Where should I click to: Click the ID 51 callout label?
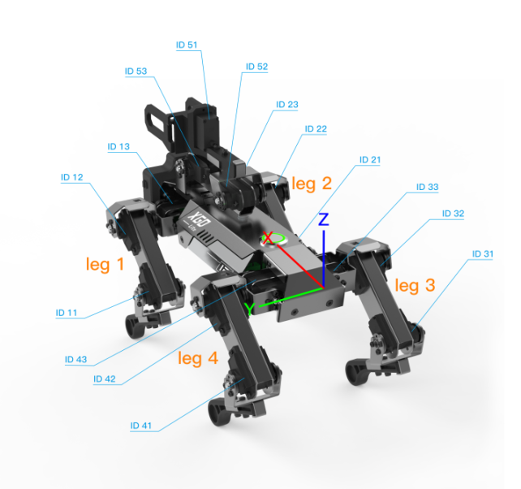click(187, 45)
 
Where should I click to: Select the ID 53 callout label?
click(136, 71)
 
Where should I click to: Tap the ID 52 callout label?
click(256, 67)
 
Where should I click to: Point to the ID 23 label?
click(287, 105)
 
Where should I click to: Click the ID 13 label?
click(118, 147)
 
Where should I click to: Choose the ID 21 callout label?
click(370, 160)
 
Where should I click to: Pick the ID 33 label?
click(428, 187)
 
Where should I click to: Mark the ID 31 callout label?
click(483, 254)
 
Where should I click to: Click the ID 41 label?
click(140, 426)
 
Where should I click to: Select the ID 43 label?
click(75, 360)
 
